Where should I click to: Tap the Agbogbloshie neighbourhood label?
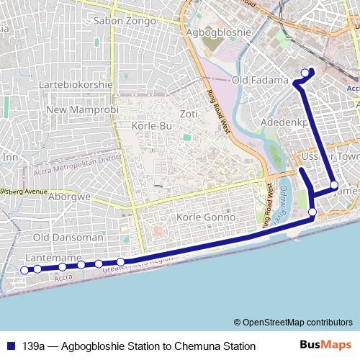pos(218,32)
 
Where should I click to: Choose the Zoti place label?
pos(189,114)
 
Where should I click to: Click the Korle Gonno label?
pos(206,217)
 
